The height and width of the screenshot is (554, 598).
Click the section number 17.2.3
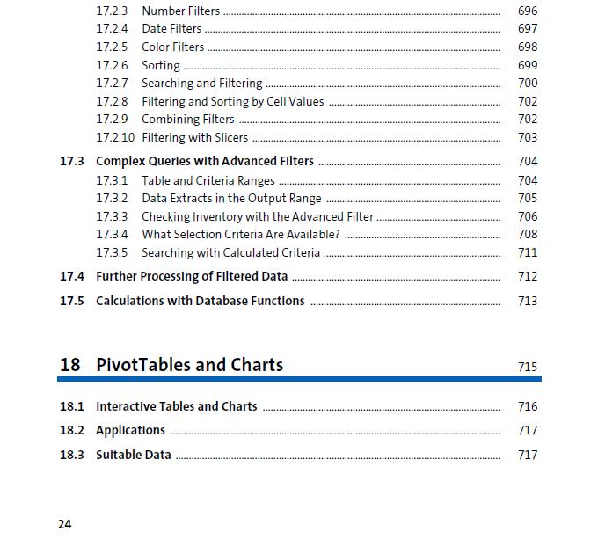[x=112, y=11]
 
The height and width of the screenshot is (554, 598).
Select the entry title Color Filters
[x=172, y=47]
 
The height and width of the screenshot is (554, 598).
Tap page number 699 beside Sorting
[x=528, y=66]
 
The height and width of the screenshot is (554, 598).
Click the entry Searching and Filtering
[x=201, y=84]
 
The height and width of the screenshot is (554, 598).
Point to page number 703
[x=528, y=138]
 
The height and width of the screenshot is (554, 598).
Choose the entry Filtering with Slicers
[x=194, y=138]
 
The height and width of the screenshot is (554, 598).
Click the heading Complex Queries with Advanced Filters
[x=204, y=162]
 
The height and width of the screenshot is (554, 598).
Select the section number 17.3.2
[x=112, y=199]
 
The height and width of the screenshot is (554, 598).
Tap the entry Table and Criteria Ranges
[x=208, y=181]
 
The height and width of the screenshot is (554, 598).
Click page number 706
[x=528, y=217]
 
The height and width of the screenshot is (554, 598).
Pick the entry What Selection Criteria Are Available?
[x=240, y=235]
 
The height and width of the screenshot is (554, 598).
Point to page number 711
[x=528, y=253]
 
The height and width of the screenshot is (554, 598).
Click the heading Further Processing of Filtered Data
[x=192, y=277]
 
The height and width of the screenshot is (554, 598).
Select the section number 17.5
[x=72, y=302]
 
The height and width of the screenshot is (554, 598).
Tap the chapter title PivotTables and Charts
[x=189, y=365]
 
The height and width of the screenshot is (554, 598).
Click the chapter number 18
[x=70, y=365]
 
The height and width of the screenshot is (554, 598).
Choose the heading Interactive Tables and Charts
[x=176, y=407]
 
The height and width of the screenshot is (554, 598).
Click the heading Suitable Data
[x=133, y=456]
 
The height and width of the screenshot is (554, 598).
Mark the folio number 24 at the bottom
[x=65, y=525]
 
